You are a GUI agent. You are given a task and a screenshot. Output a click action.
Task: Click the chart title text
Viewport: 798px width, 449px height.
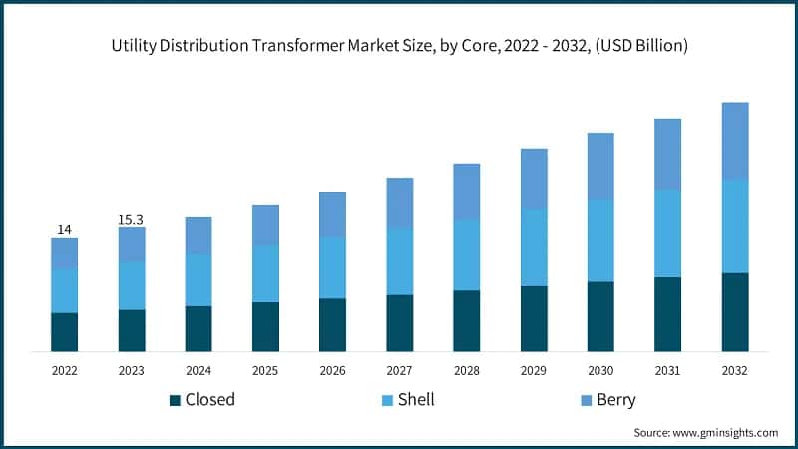pyautogui.click(x=399, y=47)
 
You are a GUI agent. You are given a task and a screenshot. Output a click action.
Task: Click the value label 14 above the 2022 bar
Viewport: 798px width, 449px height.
pyautogui.click(x=64, y=229)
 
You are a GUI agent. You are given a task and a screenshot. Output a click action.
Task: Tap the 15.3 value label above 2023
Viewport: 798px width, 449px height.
pyautogui.click(x=131, y=219)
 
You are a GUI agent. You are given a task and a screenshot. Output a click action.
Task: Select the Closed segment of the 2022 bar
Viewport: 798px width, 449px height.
pyautogui.click(x=64, y=331)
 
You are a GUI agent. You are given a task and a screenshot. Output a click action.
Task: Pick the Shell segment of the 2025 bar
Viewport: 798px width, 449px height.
pyautogui.click(x=265, y=273)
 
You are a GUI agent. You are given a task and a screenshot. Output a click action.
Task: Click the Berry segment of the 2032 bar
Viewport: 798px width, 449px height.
pyautogui.click(x=735, y=141)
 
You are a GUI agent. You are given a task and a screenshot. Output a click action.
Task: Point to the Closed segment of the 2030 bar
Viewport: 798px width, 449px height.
pyautogui.click(x=600, y=316)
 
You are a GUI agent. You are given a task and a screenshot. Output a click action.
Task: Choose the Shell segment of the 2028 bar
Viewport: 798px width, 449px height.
pyautogui.click(x=467, y=254)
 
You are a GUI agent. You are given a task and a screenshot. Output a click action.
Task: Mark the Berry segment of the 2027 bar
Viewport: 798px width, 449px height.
pyautogui.click(x=400, y=203)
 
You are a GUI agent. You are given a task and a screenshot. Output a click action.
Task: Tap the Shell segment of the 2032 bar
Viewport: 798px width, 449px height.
pyautogui.click(x=735, y=226)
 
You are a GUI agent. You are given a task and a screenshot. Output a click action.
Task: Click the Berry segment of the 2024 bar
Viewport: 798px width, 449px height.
pyautogui.click(x=199, y=234)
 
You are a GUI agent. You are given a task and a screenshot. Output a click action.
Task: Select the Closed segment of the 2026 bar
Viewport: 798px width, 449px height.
pyautogui.click(x=332, y=324)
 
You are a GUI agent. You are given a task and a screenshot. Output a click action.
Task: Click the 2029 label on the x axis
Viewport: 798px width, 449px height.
pyautogui.click(x=534, y=370)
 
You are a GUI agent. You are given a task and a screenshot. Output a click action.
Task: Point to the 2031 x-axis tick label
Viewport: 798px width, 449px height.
pyautogui.click(x=667, y=370)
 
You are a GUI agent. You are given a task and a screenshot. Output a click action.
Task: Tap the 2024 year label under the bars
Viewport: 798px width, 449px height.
pyautogui.click(x=199, y=370)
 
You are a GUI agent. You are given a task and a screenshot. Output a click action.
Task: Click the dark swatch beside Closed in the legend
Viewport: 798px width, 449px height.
pyautogui.click(x=176, y=400)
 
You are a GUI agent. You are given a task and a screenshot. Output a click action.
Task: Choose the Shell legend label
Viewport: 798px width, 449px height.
pyautogui.click(x=416, y=400)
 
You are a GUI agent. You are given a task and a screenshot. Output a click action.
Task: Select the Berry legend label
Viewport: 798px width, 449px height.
pyautogui.click(x=615, y=400)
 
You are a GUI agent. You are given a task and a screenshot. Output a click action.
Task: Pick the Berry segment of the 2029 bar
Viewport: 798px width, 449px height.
pyautogui.click(x=534, y=179)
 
